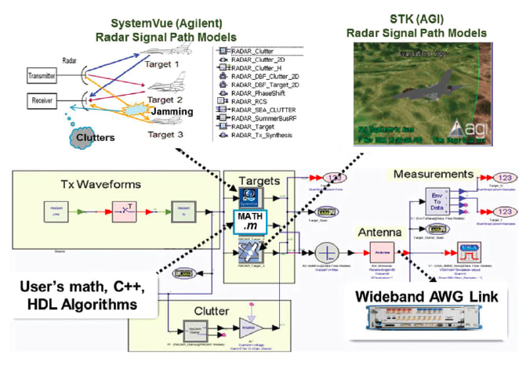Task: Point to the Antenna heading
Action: pyautogui.click(x=380, y=233)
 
